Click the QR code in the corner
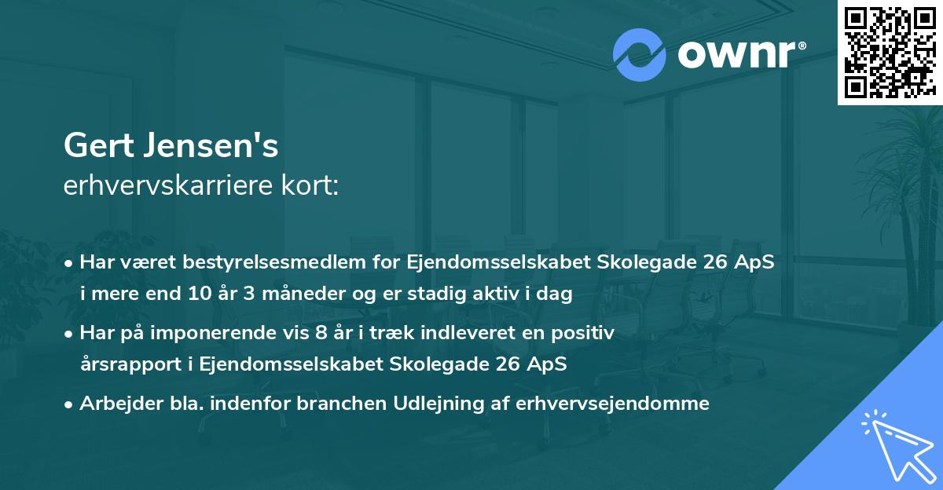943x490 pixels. pyautogui.click(x=889, y=53)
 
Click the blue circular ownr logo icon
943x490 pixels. pyautogui.click(x=640, y=55)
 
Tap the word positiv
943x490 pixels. pyautogui.click(x=587, y=333)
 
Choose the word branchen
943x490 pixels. pyautogui.click(x=333, y=404)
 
